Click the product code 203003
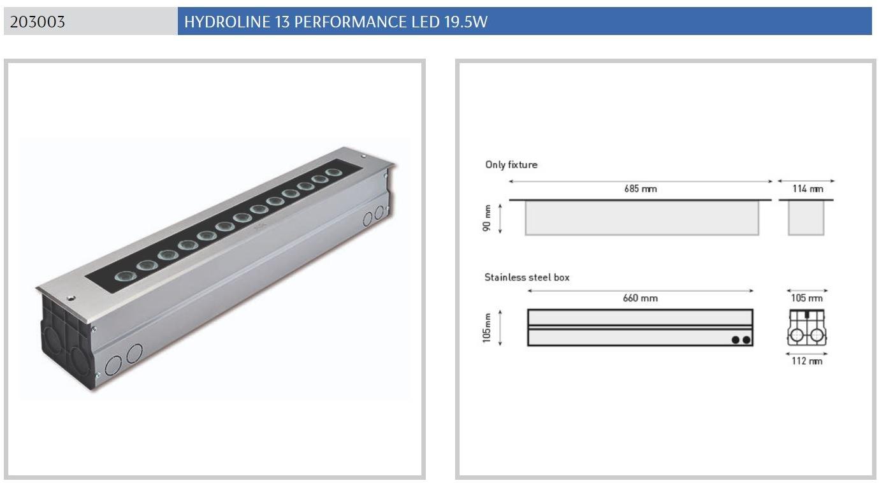37,22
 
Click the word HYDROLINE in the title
227,22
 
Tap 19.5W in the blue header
466,22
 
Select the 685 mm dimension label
641,189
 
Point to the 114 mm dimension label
808,189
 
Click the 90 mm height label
486,218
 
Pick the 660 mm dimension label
640,298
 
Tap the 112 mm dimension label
807,361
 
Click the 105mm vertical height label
486,328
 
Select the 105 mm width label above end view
807,298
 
